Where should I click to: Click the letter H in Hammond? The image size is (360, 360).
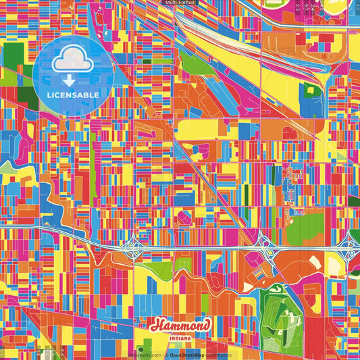point(156,325)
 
